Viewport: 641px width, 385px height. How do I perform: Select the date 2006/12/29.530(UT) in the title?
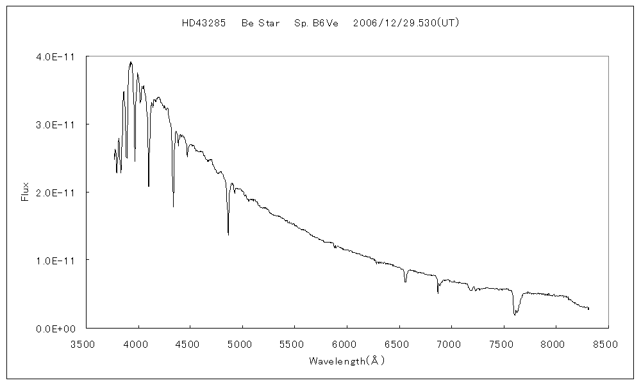click(x=406, y=23)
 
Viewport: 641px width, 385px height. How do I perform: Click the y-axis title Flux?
click(x=25, y=192)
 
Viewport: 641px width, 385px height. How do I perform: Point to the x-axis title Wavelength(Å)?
click(x=346, y=361)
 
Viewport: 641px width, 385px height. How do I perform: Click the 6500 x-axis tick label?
click(x=398, y=344)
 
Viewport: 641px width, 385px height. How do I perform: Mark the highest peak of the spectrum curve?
click(x=131, y=62)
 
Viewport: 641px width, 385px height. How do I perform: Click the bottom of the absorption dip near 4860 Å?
click(x=228, y=235)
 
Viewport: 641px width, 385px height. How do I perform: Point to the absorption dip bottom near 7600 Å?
click(x=515, y=315)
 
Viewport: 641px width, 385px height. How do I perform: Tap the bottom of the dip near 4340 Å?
click(x=173, y=207)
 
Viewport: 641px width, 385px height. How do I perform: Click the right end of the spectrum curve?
click(x=588, y=309)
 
